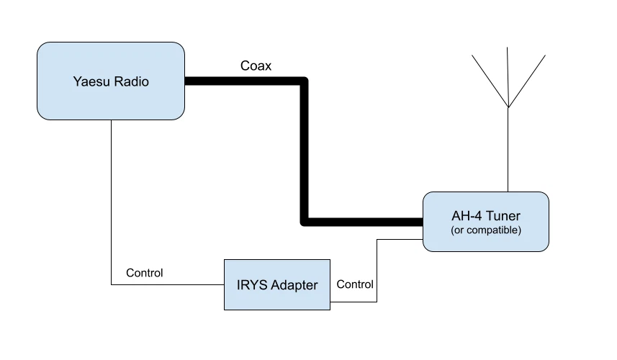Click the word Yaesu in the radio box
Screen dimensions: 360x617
click(90, 81)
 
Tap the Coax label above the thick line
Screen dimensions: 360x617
click(256, 66)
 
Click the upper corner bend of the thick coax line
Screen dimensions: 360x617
click(304, 81)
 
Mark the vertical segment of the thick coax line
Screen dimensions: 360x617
click(304, 151)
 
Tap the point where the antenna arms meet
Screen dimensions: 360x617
click(508, 108)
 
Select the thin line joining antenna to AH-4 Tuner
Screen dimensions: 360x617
click(508, 151)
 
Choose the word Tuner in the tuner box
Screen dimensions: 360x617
click(503, 216)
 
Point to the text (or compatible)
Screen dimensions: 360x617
click(486, 230)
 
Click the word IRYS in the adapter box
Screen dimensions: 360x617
click(251, 285)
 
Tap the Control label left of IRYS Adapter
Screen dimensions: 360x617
click(144, 273)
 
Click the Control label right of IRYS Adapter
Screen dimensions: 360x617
click(355, 284)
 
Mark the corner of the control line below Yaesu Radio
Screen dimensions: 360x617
click(112, 284)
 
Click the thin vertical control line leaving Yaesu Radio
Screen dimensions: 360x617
click(112, 202)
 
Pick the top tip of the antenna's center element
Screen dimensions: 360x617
click(508, 49)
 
